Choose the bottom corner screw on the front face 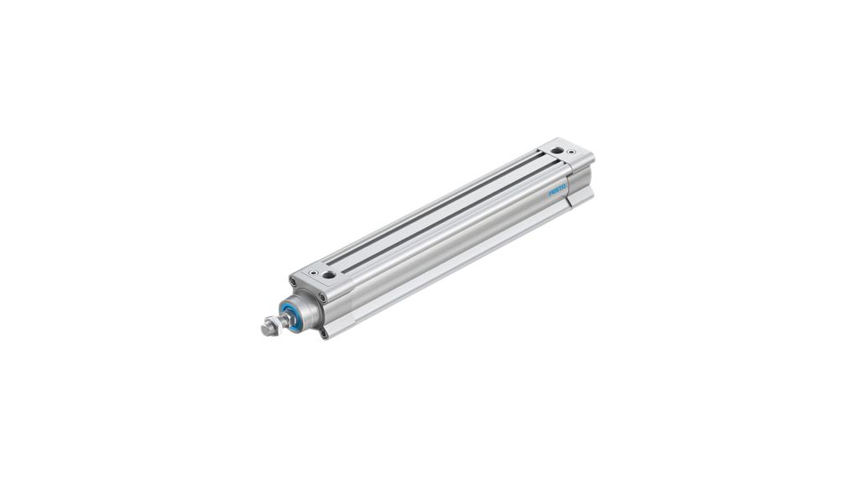pos(324,335)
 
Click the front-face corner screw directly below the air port pos(323,298)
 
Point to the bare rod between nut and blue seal pos(282,321)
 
